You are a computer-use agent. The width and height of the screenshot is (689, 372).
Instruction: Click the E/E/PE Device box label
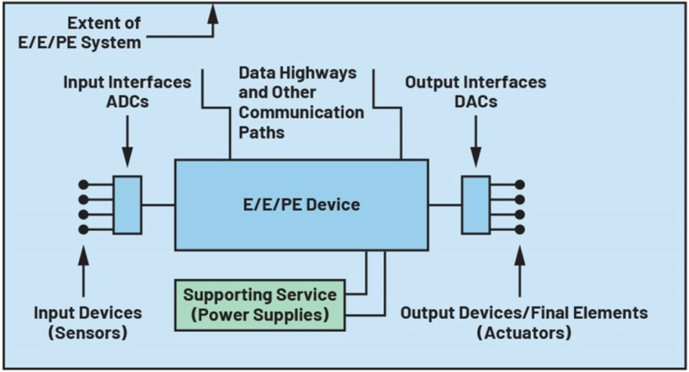click(301, 204)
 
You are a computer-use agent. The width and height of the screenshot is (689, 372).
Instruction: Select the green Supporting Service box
click(260, 305)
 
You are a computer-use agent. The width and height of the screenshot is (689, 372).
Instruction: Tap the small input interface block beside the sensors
click(128, 205)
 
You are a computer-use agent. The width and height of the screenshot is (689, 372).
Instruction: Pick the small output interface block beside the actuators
click(476, 205)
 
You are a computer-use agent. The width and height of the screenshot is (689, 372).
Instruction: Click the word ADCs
click(128, 101)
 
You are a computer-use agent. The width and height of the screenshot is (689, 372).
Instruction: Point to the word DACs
click(476, 101)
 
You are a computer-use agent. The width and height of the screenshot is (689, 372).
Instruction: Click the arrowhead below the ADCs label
click(128, 158)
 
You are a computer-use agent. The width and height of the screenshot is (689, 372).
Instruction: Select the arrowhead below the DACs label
click(476, 158)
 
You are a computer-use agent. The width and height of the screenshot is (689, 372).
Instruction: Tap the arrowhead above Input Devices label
click(84, 255)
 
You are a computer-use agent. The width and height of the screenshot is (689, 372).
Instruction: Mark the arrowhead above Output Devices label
click(520, 255)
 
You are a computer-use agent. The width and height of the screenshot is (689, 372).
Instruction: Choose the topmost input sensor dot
click(83, 184)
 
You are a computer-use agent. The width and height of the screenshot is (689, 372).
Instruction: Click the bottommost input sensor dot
click(83, 229)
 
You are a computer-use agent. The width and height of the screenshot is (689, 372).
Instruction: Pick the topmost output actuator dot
click(520, 184)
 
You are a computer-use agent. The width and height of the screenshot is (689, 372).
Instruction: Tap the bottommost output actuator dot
click(520, 229)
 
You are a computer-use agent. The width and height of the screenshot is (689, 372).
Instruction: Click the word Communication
click(301, 112)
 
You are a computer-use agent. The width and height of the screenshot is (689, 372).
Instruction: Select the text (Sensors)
click(88, 332)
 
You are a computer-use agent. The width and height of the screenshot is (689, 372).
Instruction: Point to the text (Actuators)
click(524, 332)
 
